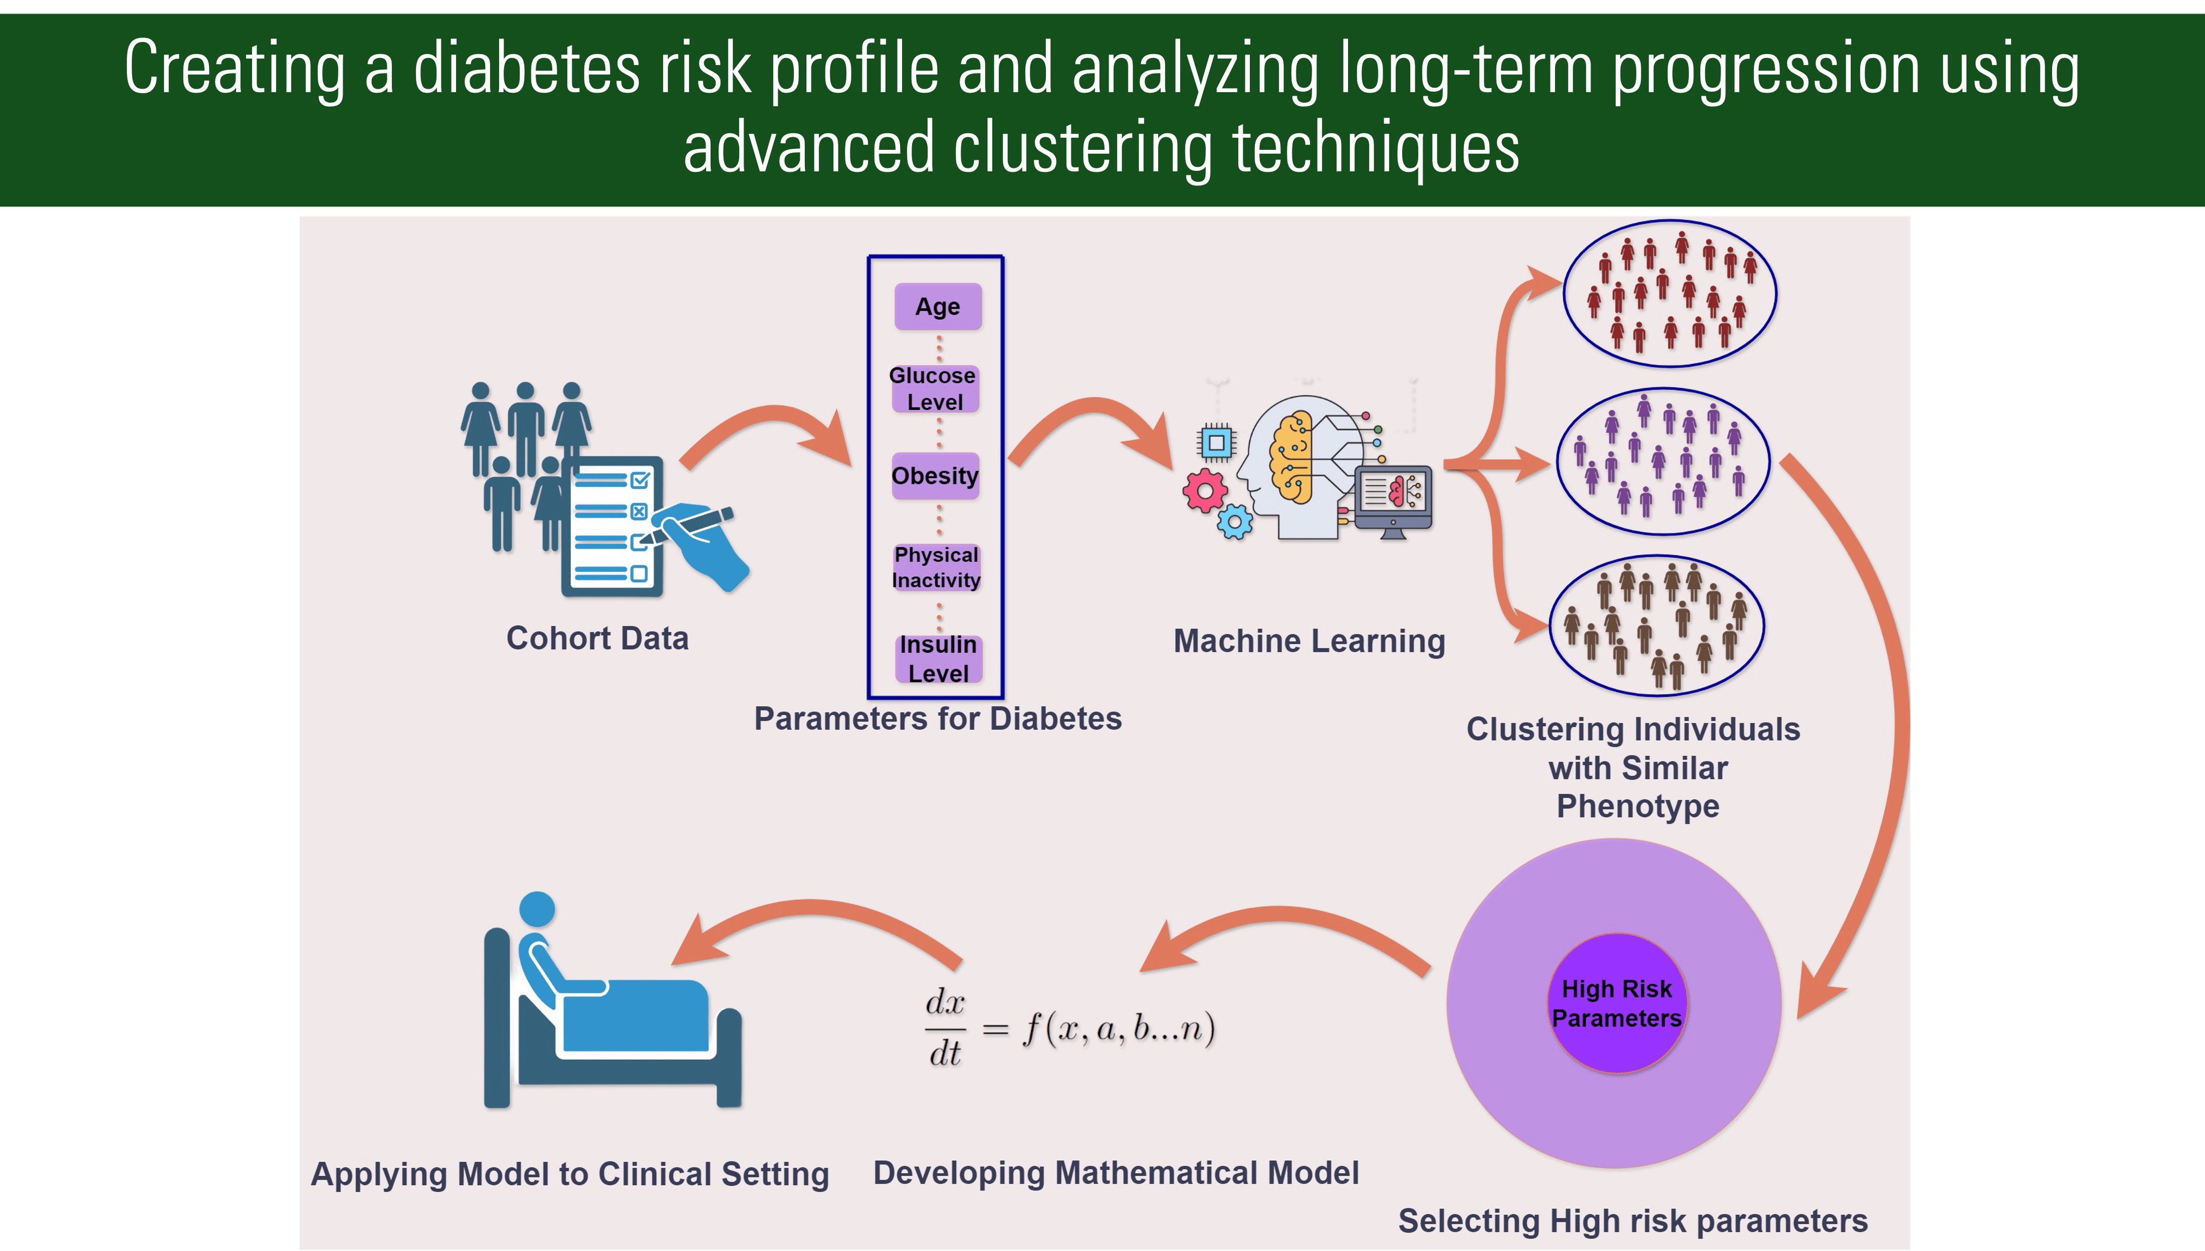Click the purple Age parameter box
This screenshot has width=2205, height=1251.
click(x=937, y=307)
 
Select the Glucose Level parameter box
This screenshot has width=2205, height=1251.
click(x=934, y=388)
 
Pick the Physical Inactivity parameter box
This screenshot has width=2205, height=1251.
click(x=936, y=567)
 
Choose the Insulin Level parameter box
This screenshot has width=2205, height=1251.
click(x=938, y=659)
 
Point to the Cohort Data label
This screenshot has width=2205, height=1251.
click(x=597, y=638)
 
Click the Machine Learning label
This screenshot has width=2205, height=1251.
click(x=1309, y=641)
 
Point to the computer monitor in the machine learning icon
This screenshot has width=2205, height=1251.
click(x=1394, y=498)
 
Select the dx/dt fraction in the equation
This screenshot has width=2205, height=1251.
click(x=945, y=1028)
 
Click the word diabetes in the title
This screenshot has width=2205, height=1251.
click(x=526, y=69)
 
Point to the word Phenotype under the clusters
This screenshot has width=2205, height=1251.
click(x=1638, y=807)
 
